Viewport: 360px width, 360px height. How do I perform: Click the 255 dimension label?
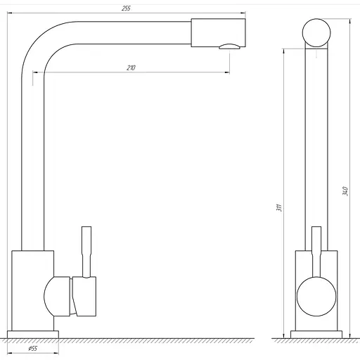point(126,8)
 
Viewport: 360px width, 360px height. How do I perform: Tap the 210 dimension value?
point(131,67)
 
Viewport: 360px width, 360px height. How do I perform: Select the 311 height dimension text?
point(279,207)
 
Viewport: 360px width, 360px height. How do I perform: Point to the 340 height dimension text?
point(345,191)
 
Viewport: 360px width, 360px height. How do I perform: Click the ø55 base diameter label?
point(33,349)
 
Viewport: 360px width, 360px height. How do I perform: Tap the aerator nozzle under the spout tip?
point(230,46)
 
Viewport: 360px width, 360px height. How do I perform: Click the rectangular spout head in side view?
point(218,32)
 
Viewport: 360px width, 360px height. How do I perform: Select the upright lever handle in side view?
point(86,252)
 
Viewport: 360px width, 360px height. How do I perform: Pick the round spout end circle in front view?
point(316,33)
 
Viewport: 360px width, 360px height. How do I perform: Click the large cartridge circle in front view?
point(316,297)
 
